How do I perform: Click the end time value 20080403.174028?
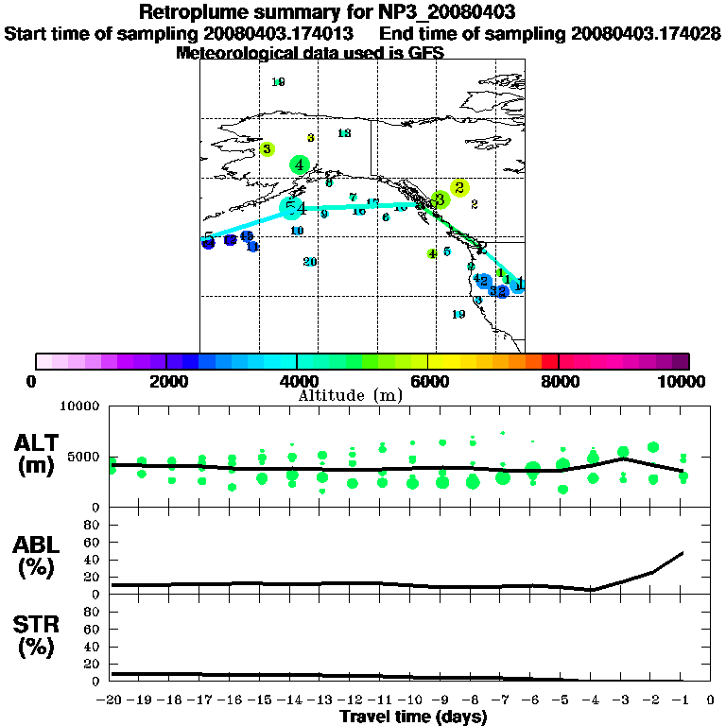646,33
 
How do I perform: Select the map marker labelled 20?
309,262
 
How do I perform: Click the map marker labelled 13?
344,133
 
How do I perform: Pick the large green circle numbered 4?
300,165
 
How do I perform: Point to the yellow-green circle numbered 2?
459,188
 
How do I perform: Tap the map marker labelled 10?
297,231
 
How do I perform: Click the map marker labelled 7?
353,197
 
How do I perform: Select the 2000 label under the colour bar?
165,381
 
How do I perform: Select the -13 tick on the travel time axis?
321,700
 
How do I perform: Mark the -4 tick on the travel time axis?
592,700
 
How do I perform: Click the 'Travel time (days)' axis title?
413,717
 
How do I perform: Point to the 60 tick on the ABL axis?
94,543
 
